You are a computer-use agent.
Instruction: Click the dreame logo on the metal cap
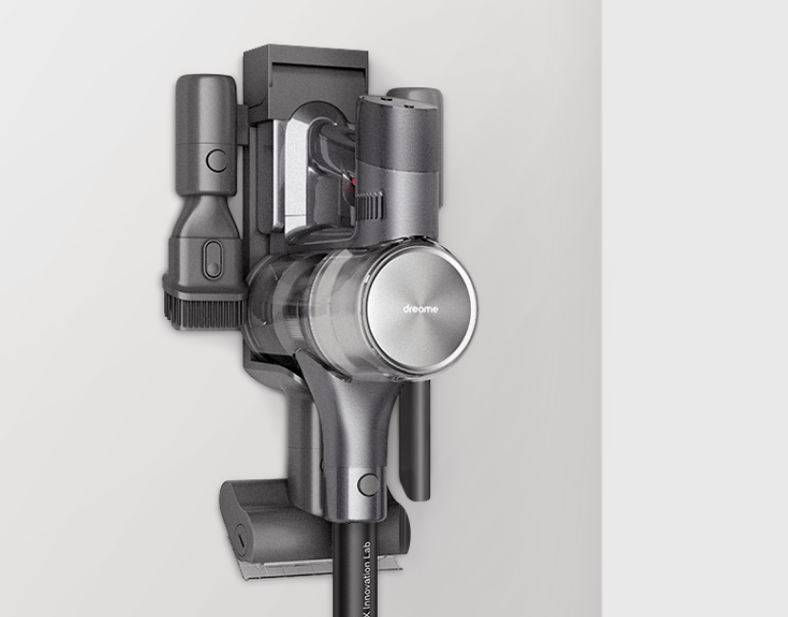click(x=421, y=309)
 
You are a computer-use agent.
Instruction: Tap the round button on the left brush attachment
click(x=217, y=160)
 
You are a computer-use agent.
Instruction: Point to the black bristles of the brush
click(x=203, y=309)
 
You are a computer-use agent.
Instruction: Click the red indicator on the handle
click(x=353, y=181)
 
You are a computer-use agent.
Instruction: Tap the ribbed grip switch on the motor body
click(x=370, y=204)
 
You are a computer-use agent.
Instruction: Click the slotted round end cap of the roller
click(x=241, y=540)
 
